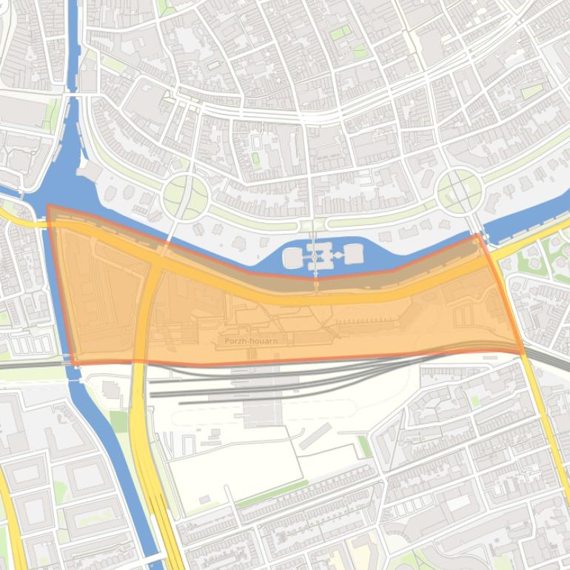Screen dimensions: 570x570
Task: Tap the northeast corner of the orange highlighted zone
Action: click(480, 235)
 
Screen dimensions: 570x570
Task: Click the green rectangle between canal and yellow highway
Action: click(119, 420)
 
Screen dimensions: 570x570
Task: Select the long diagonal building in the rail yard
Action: click(315, 436)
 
